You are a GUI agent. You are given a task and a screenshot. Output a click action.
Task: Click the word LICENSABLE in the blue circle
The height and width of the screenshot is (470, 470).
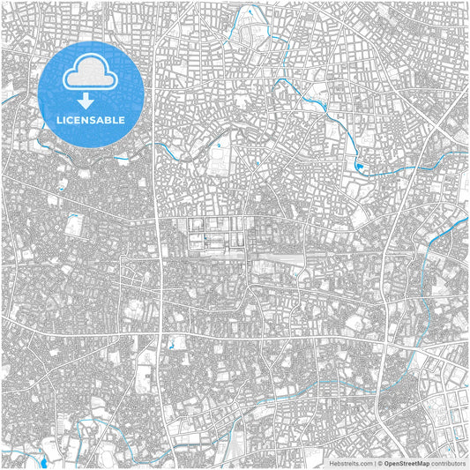pyautogui.click(x=92, y=119)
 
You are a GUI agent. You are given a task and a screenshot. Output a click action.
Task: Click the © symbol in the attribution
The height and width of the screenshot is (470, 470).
pyautogui.click(x=380, y=462)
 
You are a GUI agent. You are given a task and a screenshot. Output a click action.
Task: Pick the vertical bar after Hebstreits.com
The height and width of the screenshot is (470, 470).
pyautogui.click(x=374, y=462)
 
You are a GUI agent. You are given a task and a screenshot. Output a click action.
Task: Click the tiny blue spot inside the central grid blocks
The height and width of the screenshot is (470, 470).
pyautogui.click(x=205, y=236)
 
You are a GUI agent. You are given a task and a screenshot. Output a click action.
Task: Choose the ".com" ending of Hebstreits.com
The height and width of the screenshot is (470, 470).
pyautogui.click(x=364, y=462)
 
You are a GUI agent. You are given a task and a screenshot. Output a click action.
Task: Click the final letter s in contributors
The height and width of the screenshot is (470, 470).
pyautogui.click(x=464, y=462)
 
